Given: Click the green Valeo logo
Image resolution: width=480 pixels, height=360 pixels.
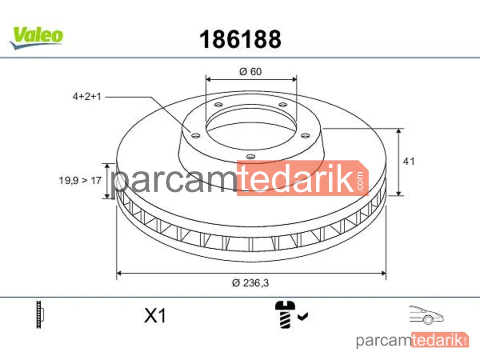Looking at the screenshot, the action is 37,37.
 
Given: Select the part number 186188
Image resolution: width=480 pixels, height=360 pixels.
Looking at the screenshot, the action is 240,39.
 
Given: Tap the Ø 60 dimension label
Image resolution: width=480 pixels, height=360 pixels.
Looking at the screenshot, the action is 251,72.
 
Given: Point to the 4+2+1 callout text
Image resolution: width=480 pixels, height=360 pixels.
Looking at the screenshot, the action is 86,96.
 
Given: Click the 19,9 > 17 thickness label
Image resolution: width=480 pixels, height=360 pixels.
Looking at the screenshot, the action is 80,180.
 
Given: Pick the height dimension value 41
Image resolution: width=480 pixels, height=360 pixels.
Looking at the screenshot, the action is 408,161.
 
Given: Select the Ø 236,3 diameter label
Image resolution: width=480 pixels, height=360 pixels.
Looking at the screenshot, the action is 251,283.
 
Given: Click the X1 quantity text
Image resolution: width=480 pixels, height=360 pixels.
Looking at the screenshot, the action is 155,315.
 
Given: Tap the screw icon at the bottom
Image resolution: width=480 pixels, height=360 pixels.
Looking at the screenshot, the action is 285,314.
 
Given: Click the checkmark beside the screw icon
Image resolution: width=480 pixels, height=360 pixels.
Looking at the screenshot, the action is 303,316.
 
